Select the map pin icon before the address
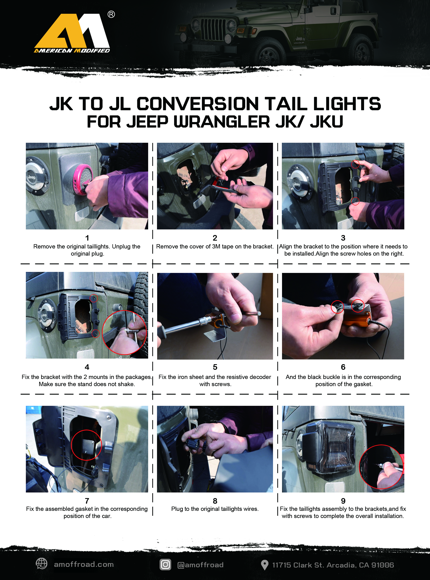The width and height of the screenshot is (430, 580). [264, 565]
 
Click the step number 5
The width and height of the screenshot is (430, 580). [215, 367]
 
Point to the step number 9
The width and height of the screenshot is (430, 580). [343, 501]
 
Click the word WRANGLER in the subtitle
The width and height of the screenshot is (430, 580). [222, 122]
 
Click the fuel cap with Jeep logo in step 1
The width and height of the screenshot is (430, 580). [36, 178]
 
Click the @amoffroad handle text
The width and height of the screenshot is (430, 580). [200, 565]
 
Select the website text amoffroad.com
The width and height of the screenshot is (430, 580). [84, 564]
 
